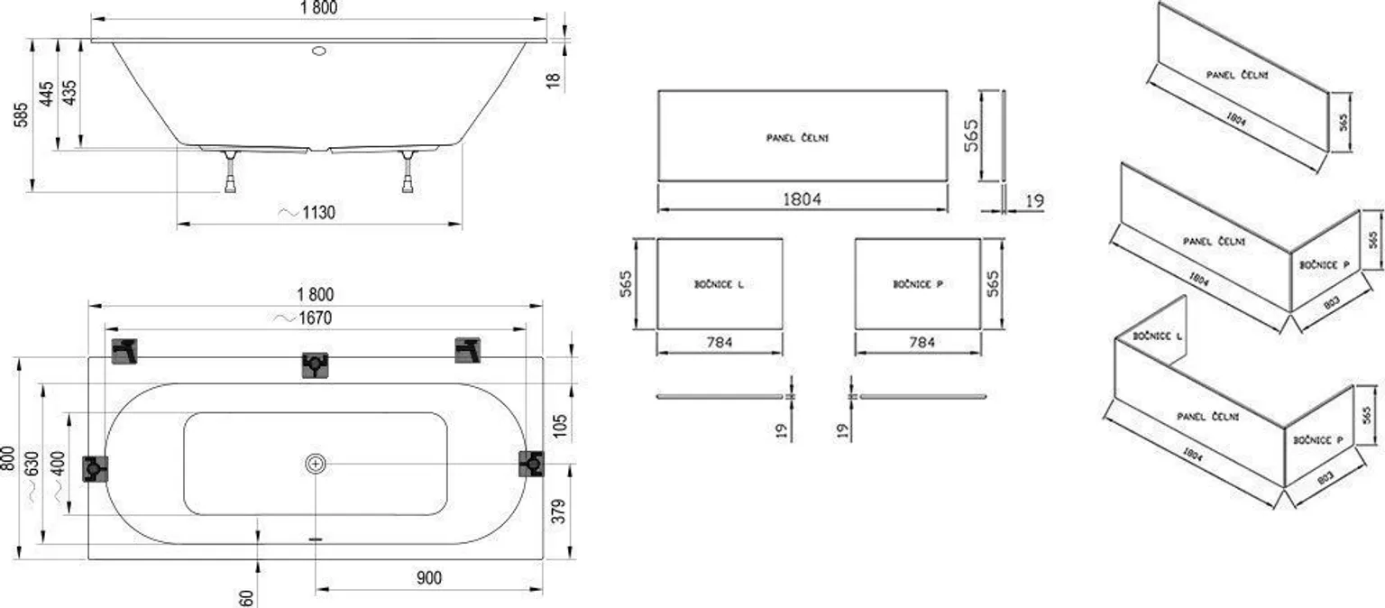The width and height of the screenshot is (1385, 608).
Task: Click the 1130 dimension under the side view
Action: point(318,213)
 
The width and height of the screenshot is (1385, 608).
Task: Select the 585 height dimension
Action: point(22,115)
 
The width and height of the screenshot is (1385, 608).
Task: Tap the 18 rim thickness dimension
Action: point(554,79)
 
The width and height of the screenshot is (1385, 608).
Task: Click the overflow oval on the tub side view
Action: point(319,51)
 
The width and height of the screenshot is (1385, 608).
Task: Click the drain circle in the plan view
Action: point(316,465)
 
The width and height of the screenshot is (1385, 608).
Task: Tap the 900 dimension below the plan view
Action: point(429,577)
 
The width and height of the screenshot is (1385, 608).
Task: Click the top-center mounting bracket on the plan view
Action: point(314,364)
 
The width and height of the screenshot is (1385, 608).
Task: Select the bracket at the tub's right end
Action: point(531,464)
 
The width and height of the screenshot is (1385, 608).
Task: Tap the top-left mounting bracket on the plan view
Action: point(124,350)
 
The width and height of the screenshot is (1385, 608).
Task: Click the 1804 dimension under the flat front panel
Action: point(802,199)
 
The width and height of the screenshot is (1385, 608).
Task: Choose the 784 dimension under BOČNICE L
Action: point(720,342)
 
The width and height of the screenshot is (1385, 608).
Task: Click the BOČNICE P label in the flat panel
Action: point(917,284)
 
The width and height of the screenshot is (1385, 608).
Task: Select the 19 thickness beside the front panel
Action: point(1034,201)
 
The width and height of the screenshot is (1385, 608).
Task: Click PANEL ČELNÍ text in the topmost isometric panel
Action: point(1237,74)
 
